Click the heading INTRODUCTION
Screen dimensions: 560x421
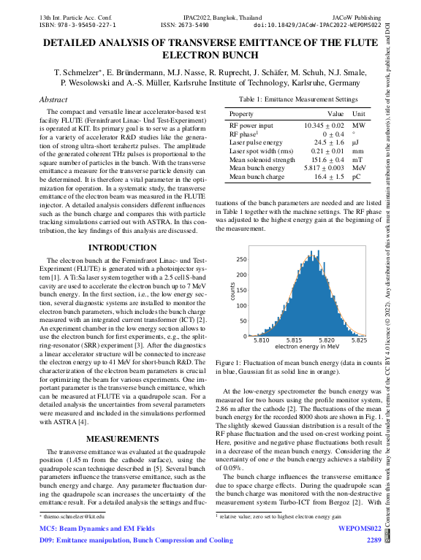tap(118, 248)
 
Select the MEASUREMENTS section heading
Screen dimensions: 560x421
tap(118, 439)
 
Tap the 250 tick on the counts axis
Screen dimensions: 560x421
tap(242, 259)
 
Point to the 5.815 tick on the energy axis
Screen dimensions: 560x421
tap(294, 340)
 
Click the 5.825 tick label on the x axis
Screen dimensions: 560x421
tap(359, 340)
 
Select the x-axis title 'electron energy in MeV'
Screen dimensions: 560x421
tap(307, 347)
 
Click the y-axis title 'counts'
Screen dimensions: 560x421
tap(233, 291)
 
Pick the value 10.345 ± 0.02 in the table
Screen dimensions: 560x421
tap(324, 126)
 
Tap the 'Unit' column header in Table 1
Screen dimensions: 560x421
tap(359, 114)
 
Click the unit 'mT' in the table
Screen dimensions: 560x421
tap(358, 160)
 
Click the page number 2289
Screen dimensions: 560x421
tap(373, 541)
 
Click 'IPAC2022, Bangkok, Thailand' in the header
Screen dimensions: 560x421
tap(210, 14)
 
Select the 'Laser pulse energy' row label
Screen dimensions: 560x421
tap(257, 143)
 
